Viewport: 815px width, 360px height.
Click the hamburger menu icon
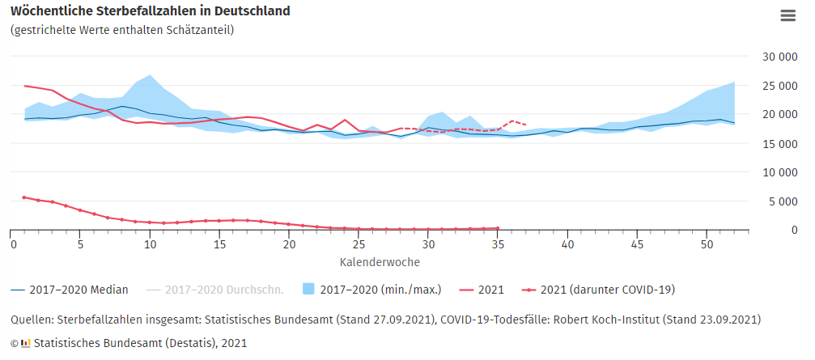(x=787, y=15)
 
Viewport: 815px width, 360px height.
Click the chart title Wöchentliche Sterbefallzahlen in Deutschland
(x=150, y=11)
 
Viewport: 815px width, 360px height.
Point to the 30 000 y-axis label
(x=770, y=57)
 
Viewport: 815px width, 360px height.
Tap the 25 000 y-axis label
(x=770, y=86)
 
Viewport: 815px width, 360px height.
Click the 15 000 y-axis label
(x=770, y=144)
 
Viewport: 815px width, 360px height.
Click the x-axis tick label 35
(x=498, y=244)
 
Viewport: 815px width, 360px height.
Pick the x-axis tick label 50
(x=707, y=244)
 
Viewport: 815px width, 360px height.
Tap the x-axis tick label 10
(x=150, y=244)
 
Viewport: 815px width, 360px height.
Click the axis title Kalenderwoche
(x=380, y=262)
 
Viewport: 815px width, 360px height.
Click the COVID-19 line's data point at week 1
(x=24, y=197)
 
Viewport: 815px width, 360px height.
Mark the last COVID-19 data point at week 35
(x=498, y=228)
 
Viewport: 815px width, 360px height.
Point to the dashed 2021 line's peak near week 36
(x=512, y=121)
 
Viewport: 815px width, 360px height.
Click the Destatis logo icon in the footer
(x=26, y=343)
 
